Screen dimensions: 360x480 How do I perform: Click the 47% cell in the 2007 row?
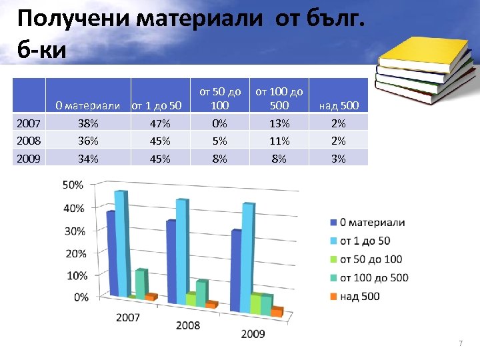[160, 123]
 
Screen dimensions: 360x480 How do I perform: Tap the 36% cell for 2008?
[88, 141]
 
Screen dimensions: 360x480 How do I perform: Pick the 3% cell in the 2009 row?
[339, 159]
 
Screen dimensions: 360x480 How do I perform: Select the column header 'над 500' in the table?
[339, 105]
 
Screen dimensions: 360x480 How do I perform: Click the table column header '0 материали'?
[87, 105]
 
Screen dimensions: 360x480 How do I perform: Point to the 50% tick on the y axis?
[73, 185]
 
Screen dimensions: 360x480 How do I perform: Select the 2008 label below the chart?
[188, 326]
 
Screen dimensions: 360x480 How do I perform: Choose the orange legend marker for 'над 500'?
[333, 296]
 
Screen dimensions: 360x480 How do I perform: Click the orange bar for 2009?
[277, 311]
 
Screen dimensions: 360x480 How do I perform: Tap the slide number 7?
[459, 343]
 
